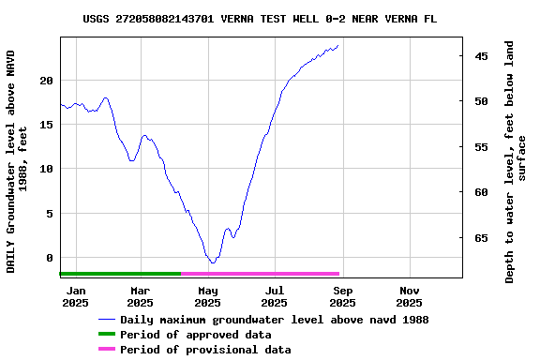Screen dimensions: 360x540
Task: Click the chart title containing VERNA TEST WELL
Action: coord(260,19)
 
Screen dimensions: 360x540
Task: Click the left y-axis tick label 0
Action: coord(50,258)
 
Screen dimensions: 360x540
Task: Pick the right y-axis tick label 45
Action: coord(481,56)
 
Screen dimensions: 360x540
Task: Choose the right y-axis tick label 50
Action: coord(481,101)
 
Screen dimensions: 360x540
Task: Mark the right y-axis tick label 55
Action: coord(481,147)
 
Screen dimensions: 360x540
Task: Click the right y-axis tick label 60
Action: coord(481,192)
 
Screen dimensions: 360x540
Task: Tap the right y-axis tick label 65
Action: coord(481,238)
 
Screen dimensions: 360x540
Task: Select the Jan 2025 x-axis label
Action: coord(75,296)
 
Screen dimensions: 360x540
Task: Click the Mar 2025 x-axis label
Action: coord(140,296)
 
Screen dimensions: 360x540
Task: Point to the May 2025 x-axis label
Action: coord(207,296)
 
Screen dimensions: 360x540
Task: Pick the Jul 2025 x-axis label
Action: coord(274,296)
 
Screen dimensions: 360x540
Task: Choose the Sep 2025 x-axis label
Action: coord(342,296)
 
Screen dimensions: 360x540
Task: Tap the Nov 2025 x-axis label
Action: coord(409,296)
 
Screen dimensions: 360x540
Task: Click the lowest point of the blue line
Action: coord(213,262)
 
